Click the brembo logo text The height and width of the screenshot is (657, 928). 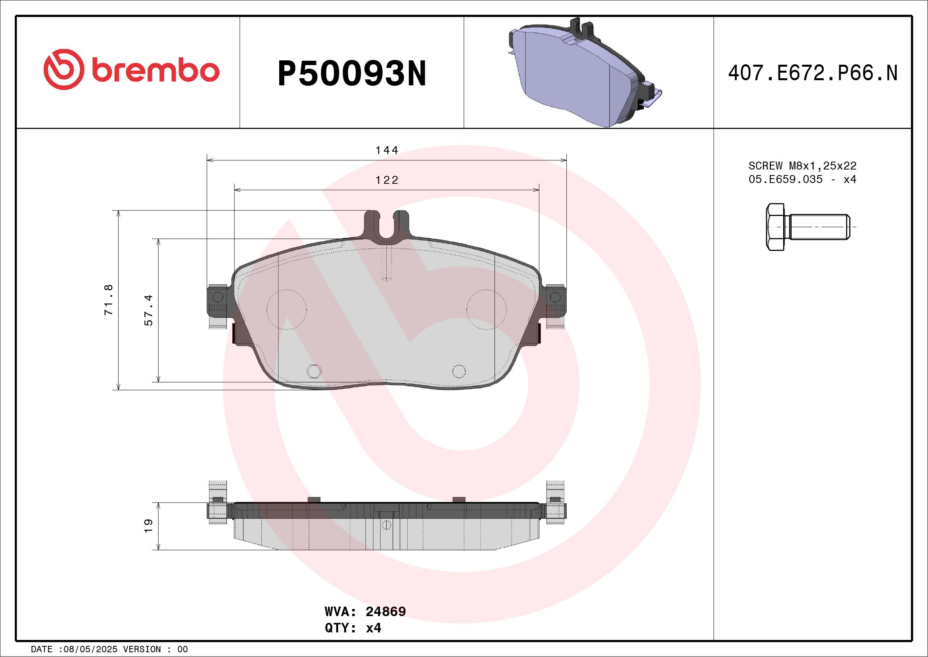(x=155, y=71)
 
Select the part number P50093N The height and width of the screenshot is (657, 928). (x=352, y=73)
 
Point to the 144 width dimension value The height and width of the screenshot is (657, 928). (x=387, y=150)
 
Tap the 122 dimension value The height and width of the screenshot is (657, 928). (x=387, y=180)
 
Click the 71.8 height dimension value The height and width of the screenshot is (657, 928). (x=109, y=300)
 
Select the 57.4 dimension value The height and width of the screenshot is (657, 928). (x=149, y=310)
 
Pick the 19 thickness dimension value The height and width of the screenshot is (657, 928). (x=149, y=526)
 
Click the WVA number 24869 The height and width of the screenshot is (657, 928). (x=385, y=611)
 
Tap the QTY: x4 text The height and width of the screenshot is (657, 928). (x=353, y=628)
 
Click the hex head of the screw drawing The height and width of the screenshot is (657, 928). (x=775, y=227)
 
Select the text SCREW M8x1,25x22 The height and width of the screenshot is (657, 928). (x=802, y=166)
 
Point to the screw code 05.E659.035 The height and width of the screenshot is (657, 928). (x=785, y=179)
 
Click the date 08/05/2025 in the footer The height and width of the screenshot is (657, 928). (x=88, y=649)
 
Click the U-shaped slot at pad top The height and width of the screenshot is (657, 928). (x=387, y=227)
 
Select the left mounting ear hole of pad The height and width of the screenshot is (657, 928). (x=217, y=297)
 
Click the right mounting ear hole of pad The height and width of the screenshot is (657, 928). (x=555, y=297)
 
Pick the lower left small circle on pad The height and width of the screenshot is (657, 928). (x=314, y=371)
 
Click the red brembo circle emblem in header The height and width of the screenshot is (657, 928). (x=64, y=69)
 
